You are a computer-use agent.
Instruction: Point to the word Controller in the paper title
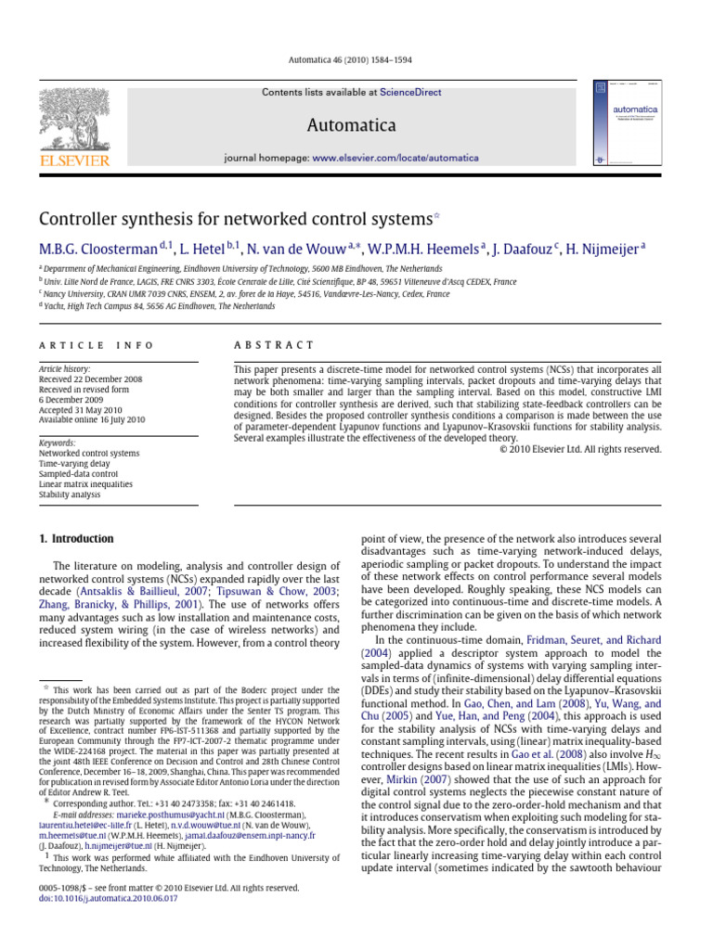(78, 220)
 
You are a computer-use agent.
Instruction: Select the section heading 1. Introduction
(76, 539)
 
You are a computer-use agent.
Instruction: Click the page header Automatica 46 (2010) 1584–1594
(356, 60)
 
